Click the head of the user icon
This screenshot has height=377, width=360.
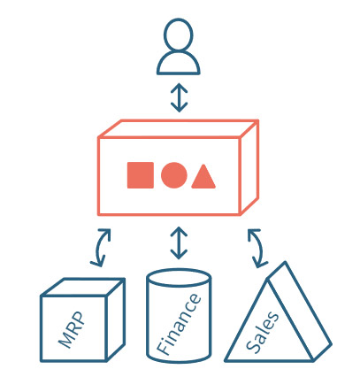coord(179,35)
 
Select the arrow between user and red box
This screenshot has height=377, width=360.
coord(179,97)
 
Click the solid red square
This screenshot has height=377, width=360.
coord(141,175)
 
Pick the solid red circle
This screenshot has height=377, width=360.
coord(174,175)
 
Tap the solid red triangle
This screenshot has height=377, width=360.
coord(203,176)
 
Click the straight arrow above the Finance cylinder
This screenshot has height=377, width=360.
coord(179,243)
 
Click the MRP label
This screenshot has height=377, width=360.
coord(72,329)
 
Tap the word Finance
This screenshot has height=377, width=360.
coord(179,324)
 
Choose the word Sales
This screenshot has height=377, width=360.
coord(262,332)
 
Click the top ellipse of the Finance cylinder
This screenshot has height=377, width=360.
coord(179,277)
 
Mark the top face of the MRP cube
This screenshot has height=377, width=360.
coord(83,287)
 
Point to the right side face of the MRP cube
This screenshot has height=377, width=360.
coord(116,319)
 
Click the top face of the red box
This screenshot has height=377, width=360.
coord(179,128)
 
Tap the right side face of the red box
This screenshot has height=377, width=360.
coord(249,167)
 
